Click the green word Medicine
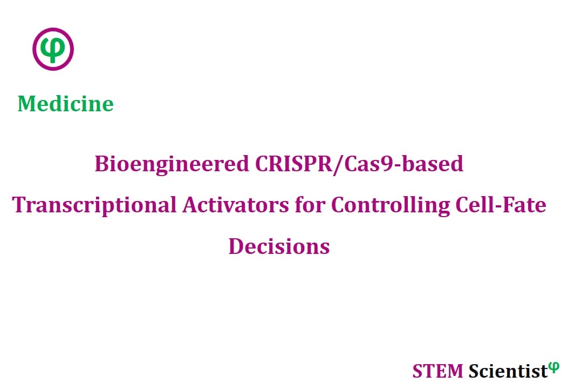[65, 104]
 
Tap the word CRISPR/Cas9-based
[359, 165]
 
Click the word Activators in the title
[235, 205]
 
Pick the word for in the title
[310, 205]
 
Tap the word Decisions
[279, 246]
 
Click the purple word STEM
[437, 371]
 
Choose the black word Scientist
[508, 371]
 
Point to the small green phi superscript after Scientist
[554, 367]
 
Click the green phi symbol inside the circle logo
[53, 49]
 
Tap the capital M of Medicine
[28, 104]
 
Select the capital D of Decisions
[236, 247]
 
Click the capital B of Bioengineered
[101, 164]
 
